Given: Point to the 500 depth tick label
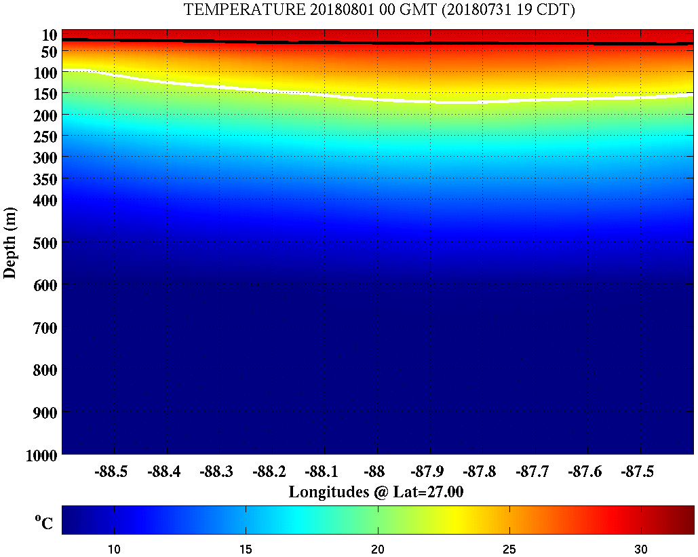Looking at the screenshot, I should pyautogui.click(x=45, y=243).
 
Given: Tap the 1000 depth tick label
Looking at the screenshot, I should pyautogui.click(x=41, y=456).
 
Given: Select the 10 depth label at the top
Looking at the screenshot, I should pyautogui.click(x=49, y=34).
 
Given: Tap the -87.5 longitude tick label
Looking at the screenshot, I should pyautogui.click(x=640, y=472).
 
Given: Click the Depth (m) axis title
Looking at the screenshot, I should pyautogui.click(x=10, y=242).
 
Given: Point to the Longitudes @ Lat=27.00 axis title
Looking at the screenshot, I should pyautogui.click(x=376, y=492).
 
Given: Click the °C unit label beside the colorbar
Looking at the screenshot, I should pyautogui.click(x=43, y=522).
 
